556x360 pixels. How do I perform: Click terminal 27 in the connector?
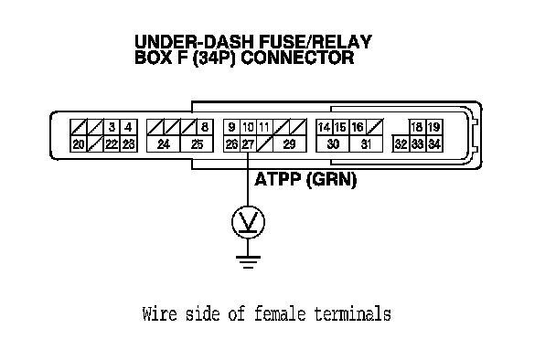pos(248,144)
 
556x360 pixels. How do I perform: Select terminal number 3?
pos(112,127)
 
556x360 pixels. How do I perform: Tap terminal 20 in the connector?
pos(79,144)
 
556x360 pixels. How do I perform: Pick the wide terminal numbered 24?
pos(164,144)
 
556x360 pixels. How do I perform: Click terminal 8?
pos(205,127)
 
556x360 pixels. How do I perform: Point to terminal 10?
pos(248,127)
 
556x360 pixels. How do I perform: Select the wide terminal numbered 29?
pos(289,144)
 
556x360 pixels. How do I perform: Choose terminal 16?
pos(358,127)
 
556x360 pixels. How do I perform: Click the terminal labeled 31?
pos(366,144)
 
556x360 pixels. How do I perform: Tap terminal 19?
pos(434,127)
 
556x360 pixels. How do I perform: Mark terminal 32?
pos(401,144)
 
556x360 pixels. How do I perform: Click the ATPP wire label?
pos(278,179)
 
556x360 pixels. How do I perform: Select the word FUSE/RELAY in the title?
pos(315,42)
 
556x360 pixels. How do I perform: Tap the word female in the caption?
pos(280,313)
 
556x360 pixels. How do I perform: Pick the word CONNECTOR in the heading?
pos(297,58)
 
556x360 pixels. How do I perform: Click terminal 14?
pos(324,127)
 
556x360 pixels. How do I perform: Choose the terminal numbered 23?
pos(129,144)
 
